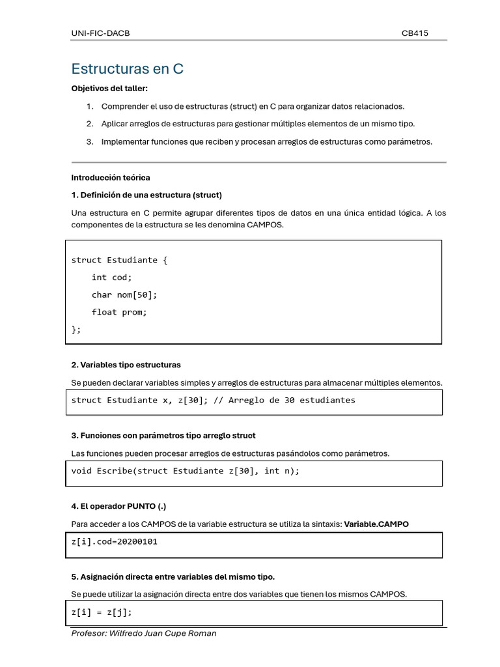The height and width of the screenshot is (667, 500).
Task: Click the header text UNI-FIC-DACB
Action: click(x=100, y=33)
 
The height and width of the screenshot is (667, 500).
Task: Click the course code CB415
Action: click(x=415, y=33)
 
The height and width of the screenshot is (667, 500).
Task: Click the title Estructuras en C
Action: click(x=127, y=69)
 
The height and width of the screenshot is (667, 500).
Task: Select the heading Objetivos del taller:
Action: click(x=109, y=89)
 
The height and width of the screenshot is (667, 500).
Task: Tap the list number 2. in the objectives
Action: click(x=90, y=124)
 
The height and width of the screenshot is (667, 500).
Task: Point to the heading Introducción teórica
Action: click(x=110, y=177)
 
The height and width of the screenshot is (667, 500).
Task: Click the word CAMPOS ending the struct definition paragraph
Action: click(x=266, y=225)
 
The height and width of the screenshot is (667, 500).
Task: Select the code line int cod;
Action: click(x=111, y=277)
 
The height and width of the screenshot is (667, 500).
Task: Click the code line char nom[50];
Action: click(x=124, y=295)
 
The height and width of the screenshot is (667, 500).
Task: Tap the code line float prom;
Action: click(x=119, y=312)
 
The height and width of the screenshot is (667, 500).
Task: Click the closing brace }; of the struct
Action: click(x=76, y=330)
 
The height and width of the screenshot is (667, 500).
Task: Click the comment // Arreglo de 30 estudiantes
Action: click(x=284, y=400)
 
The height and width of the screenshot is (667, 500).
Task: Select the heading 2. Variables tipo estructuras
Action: click(x=126, y=365)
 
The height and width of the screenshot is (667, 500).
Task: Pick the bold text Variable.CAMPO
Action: click(x=376, y=524)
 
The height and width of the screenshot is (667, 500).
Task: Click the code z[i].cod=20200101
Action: click(x=114, y=542)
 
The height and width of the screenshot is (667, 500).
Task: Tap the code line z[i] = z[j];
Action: click(x=102, y=613)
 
